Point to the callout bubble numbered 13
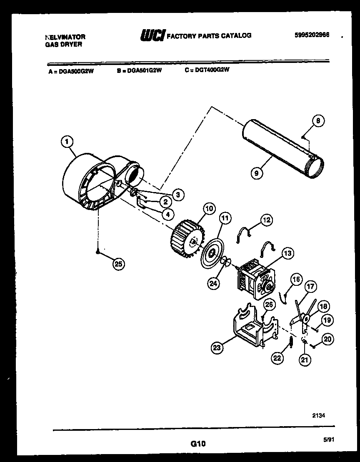[x=287, y=253]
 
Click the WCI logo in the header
[x=153, y=35]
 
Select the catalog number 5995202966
[x=312, y=35]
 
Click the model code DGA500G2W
[x=76, y=71]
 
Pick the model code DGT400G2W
[x=212, y=70]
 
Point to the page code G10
[x=198, y=444]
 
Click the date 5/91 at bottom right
[x=329, y=439]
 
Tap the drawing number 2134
[x=319, y=415]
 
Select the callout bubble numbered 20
[x=327, y=340]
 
